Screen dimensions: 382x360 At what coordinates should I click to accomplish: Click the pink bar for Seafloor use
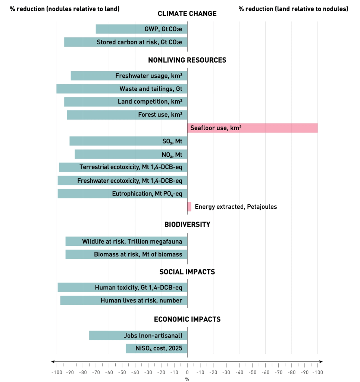[x=252, y=128]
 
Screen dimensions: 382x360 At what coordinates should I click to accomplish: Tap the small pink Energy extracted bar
[x=189, y=207]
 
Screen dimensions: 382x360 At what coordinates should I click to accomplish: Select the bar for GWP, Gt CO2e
[x=141, y=29]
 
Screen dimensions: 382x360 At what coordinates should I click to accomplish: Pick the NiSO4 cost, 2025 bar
[x=156, y=348]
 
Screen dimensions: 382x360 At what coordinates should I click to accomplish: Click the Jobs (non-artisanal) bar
[x=138, y=335]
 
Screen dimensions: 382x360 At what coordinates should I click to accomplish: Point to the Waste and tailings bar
[x=122, y=89]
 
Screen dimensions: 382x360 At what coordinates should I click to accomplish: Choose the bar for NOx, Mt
[x=131, y=154]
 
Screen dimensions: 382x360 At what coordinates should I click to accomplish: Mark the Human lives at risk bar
[x=124, y=300]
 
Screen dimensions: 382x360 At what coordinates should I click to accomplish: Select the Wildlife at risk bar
[x=126, y=241]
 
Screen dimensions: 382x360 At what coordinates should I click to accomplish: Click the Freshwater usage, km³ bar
[x=129, y=76]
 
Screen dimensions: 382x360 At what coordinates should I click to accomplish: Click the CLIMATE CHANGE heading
[x=187, y=14]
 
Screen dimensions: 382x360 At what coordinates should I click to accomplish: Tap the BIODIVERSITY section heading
[x=187, y=225]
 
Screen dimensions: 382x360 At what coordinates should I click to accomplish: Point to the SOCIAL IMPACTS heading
[x=187, y=272]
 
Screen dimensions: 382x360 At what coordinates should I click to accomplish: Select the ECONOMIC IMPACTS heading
[x=187, y=319]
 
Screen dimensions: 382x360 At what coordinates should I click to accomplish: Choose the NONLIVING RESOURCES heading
[x=187, y=60]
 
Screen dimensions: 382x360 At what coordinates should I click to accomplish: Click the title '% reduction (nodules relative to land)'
[x=65, y=9]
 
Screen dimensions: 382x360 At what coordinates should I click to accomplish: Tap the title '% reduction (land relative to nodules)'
[x=293, y=9]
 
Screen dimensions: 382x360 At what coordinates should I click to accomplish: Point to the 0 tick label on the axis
[x=187, y=372]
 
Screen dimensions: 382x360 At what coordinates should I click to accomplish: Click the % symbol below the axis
[x=187, y=379]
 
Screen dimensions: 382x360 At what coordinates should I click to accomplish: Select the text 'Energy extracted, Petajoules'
[x=236, y=207]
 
